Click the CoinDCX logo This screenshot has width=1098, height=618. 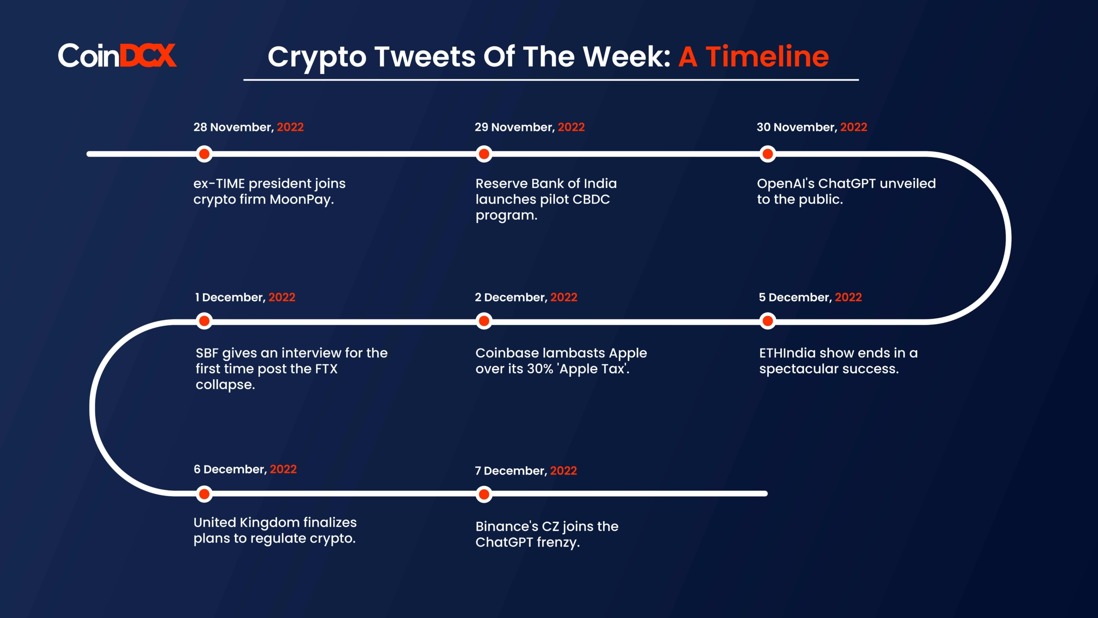point(117,55)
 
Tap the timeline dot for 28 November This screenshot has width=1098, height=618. point(204,154)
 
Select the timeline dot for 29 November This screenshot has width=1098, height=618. point(484,154)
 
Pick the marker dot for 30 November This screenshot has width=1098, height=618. point(768,154)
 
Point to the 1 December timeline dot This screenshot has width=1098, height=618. point(204,321)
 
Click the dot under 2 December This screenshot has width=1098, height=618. point(484,321)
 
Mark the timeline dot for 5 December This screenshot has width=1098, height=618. point(768,321)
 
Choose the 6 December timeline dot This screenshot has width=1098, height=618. point(204,494)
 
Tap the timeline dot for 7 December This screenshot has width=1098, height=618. point(484,494)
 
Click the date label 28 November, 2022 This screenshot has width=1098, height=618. point(248,127)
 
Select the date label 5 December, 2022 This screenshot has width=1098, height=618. point(810,297)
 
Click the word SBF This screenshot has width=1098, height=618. point(207,353)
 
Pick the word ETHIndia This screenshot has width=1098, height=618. point(787,353)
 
